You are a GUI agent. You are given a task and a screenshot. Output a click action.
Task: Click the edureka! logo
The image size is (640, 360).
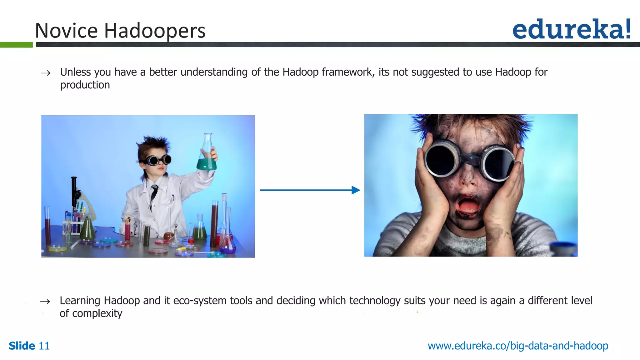(x=571, y=29)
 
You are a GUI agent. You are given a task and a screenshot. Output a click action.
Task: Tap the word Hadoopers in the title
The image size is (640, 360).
(x=154, y=31)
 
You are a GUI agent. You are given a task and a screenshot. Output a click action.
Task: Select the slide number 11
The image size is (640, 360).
(x=44, y=346)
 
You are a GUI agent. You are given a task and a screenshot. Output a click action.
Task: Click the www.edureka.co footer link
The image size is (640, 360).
(x=518, y=346)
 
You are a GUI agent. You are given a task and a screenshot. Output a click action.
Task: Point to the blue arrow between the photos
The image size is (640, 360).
(x=309, y=190)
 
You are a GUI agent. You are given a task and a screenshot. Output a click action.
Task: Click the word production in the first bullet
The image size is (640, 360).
(x=85, y=85)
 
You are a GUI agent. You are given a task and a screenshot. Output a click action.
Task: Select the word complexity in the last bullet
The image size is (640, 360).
(x=97, y=313)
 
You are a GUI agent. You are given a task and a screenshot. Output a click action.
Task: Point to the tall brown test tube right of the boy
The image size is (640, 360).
(x=214, y=223)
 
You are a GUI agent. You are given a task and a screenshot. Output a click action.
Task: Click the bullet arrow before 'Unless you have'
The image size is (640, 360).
(x=46, y=73)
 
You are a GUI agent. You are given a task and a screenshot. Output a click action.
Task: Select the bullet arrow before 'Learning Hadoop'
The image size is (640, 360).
(x=45, y=302)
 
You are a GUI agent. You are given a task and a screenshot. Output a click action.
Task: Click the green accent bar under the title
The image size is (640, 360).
(x=16, y=45)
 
